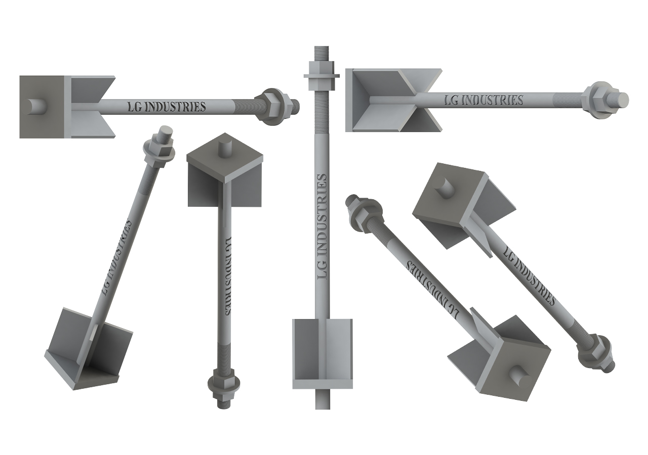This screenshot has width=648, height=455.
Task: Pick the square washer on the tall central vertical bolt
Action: tap(321, 76)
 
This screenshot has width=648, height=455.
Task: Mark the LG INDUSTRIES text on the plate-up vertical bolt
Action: tap(227, 276)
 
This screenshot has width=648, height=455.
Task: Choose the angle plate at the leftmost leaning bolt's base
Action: tap(89, 349)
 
